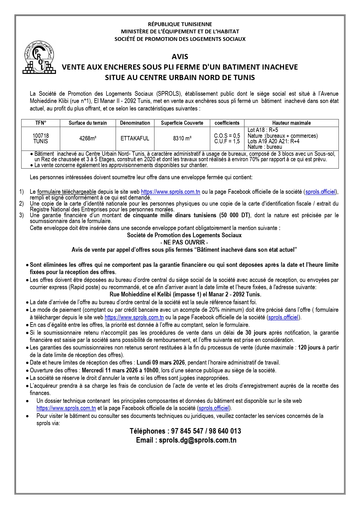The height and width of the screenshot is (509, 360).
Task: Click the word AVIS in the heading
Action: pos(180,57)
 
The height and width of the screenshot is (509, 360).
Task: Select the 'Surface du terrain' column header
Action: pos(88,123)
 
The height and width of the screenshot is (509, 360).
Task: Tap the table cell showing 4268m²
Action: pos(88,139)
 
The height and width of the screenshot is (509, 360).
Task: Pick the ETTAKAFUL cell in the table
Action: pos(135,139)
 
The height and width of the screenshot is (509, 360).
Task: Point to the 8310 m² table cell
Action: pos(182,139)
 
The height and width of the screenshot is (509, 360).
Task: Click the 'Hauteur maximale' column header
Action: pos(291,123)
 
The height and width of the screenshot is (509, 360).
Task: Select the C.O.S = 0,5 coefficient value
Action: pos(227,136)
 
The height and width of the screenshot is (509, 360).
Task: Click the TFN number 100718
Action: pos(41,136)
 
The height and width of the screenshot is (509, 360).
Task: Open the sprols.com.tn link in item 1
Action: pos(171,192)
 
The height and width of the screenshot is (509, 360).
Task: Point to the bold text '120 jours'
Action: pos(309,347)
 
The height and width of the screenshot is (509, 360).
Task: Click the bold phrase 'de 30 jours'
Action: pos(247,333)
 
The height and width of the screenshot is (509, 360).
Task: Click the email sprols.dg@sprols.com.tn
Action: pos(198,440)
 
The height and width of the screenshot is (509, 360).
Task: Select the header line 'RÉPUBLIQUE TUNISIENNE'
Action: pos(180,24)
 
